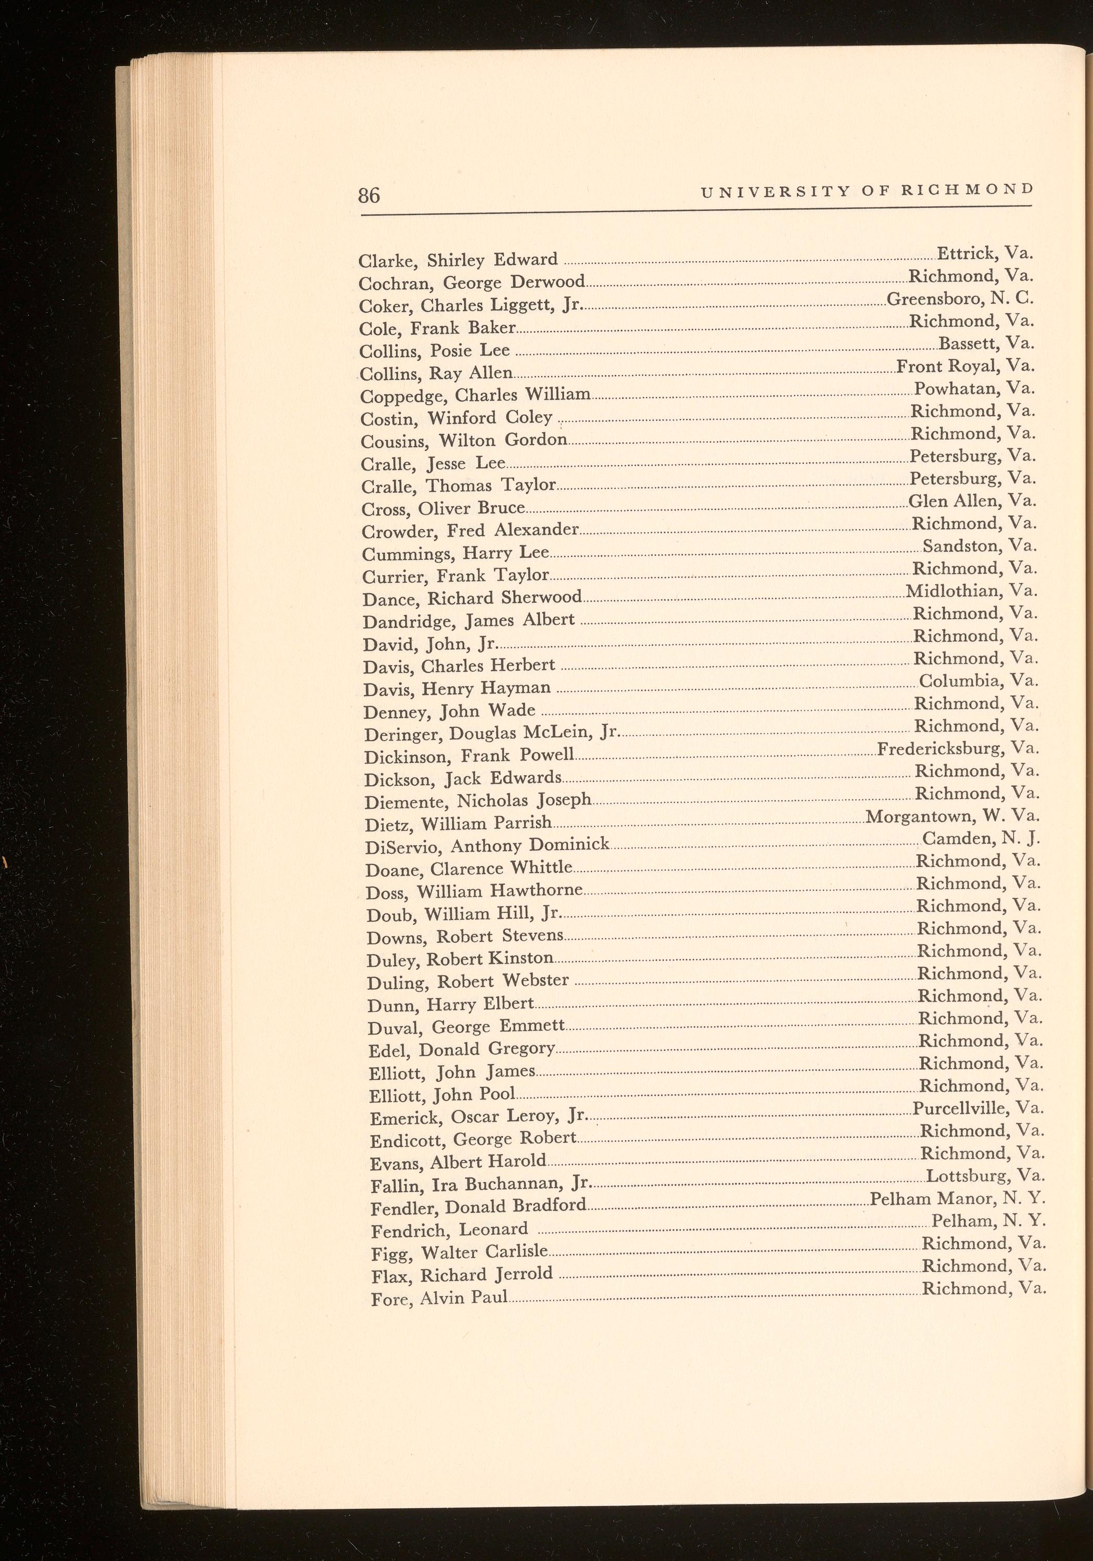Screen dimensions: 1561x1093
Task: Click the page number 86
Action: pyautogui.click(x=370, y=195)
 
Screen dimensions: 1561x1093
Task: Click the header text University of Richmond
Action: pyautogui.click(x=867, y=191)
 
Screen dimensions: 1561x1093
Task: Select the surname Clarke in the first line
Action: pyautogui.click(x=383, y=261)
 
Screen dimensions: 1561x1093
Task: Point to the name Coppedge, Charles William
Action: pyautogui.click(x=475, y=395)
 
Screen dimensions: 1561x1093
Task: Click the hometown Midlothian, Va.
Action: pyautogui.click(x=971, y=591)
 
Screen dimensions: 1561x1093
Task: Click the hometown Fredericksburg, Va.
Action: pyautogui.click(x=958, y=749)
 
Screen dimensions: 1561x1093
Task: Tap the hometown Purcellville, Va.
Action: pyautogui.click(x=978, y=1108)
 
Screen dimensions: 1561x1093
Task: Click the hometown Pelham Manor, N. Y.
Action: pyautogui.click(x=958, y=1199)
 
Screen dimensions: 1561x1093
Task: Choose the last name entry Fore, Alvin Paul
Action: pyautogui.click(x=439, y=1299)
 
